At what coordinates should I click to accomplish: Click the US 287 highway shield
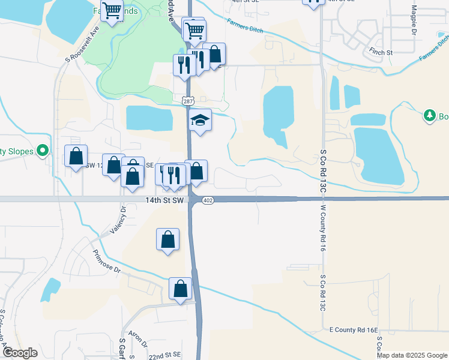pos(187,102)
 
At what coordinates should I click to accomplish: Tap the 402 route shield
pos(208,200)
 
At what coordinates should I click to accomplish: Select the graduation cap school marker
pos(200,121)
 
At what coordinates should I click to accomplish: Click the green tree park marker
pos(429,115)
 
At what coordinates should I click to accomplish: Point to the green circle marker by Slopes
pos(42,151)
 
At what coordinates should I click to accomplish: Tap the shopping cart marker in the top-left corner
pos(112,10)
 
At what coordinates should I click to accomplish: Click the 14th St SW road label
pos(163,200)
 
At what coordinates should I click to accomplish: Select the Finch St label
pos(381,53)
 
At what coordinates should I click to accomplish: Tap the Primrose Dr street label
pos(106,262)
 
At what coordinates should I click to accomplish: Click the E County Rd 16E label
pos(354,330)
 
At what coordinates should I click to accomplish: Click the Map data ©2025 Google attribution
pos(412,355)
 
